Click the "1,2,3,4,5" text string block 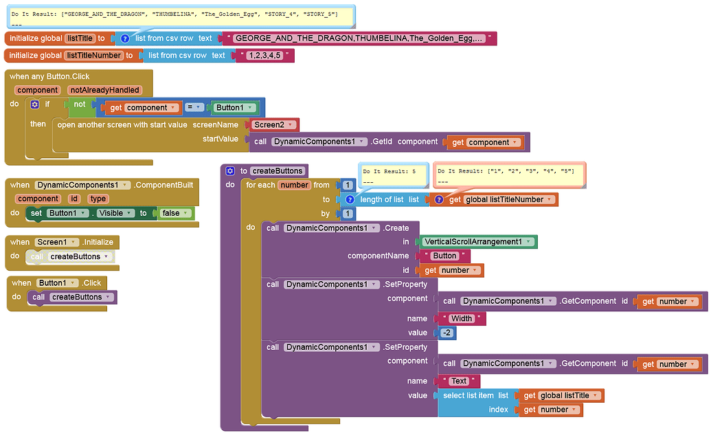[x=266, y=56]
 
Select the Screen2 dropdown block [x=272, y=125]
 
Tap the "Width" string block [x=461, y=318]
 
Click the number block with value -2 [x=447, y=333]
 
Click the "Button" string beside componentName [x=444, y=256]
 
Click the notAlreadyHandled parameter [x=105, y=90]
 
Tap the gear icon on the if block [x=34, y=105]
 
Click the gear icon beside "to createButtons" [x=230, y=170]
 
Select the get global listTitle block [x=560, y=395]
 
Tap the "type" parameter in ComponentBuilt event [x=98, y=199]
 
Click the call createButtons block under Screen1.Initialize [x=71, y=256]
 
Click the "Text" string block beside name [x=458, y=381]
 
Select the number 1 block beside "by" [x=348, y=214]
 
